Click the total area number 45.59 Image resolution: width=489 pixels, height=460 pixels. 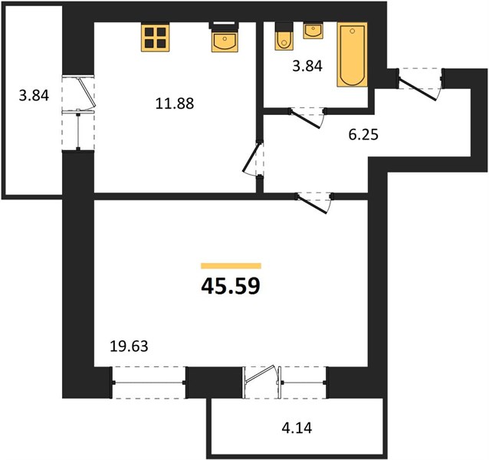point(231,286)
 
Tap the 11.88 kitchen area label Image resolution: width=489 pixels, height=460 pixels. point(175,103)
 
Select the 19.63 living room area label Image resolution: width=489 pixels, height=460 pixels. point(129,347)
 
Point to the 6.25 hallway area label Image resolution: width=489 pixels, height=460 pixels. point(363,135)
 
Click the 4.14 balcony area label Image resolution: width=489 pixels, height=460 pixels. point(297,428)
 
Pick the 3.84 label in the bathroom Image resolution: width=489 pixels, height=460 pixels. point(307,66)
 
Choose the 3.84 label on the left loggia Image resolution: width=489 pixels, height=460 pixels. point(34,95)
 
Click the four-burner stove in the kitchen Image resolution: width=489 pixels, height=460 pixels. point(156,38)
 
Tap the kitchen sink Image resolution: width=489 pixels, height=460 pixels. point(225,38)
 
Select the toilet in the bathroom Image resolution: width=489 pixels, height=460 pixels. point(284,36)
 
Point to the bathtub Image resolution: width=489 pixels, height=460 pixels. point(352,54)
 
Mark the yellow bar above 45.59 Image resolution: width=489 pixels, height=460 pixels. point(231,266)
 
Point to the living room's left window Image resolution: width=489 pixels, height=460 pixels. point(149,383)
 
